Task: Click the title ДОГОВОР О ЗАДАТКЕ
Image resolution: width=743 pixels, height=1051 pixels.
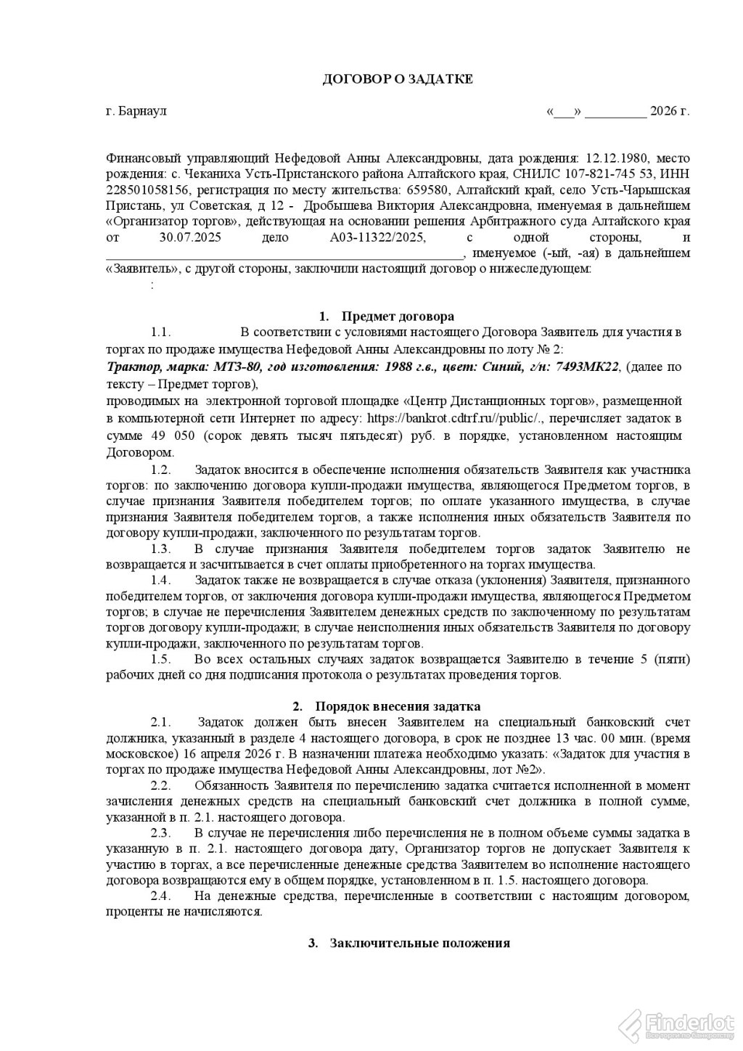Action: [397, 79]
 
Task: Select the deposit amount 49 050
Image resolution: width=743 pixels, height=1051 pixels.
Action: [163, 435]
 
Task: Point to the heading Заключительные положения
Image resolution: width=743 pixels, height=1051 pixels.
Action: [419, 944]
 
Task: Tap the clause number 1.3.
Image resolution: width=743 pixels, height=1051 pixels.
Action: [160, 549]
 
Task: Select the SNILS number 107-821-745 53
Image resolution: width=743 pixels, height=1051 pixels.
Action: [599, 173]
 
